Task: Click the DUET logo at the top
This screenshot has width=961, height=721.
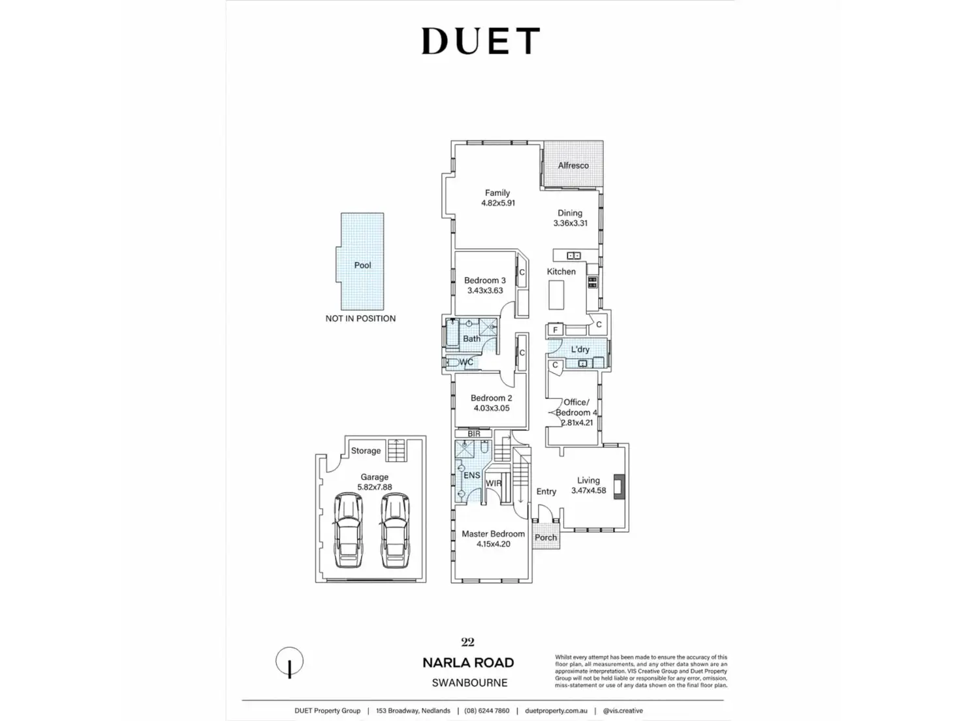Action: [x=480, y=40]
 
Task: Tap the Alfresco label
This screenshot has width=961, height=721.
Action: [x=573, y=165]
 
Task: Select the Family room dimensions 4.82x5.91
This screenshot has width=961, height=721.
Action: [x=498, y=203]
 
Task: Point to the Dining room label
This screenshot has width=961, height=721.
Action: [x=569, y=213]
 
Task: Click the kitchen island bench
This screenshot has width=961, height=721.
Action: [x=556, y=295]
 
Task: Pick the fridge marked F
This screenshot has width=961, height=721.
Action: [x=556, y=330]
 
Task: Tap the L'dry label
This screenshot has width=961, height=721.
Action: [x=580, y=349]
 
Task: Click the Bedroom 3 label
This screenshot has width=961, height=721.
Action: [x=484, y=280]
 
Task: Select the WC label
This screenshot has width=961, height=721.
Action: [x=466, y=362]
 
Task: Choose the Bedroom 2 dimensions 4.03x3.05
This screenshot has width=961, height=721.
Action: [x=492, y=408]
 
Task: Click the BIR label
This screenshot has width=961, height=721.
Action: [x=474, y=434]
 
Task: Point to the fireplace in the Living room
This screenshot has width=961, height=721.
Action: [x=619, y=486]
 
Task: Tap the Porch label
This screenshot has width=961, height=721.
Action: [x=546, y=537]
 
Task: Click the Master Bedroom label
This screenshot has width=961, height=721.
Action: [x=493, y=534]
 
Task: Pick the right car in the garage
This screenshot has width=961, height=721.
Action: [x=394, y=530]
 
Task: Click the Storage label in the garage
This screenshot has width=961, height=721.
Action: [x=366, y=451]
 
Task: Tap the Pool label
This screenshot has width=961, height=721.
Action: [x=362, y=265]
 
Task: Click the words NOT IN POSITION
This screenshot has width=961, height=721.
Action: [x=360, y=319]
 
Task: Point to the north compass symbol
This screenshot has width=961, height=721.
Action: [x=289, y=662]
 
